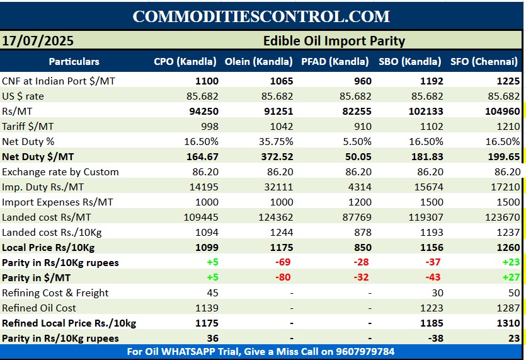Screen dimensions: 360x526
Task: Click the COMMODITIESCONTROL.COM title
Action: click(x=261, y=16)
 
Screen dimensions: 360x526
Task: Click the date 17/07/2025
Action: click(x=38, y=41)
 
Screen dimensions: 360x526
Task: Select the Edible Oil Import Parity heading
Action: click(x=334, y=41)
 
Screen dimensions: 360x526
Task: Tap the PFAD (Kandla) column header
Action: click(x=334, y=62)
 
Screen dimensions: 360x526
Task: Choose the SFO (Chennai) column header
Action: click(x=484, y=62)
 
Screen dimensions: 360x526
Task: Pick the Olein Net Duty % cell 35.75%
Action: click(x=275, y=141)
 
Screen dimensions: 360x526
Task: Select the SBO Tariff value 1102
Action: click(x=432, y=126)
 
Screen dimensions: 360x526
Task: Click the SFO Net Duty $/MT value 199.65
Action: click(x=503, y=156)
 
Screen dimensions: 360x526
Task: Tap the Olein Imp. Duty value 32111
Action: click(x=279, y=187)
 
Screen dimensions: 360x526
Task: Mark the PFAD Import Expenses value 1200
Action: click(x=359, y=202)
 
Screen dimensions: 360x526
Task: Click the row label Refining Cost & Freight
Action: click(x=55, y=293)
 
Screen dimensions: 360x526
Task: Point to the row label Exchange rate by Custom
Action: click(x=60, y=171)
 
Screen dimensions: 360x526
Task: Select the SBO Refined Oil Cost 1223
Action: click(x=432, y=308)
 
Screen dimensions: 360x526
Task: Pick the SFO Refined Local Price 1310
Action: click(x=508, y=323)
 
